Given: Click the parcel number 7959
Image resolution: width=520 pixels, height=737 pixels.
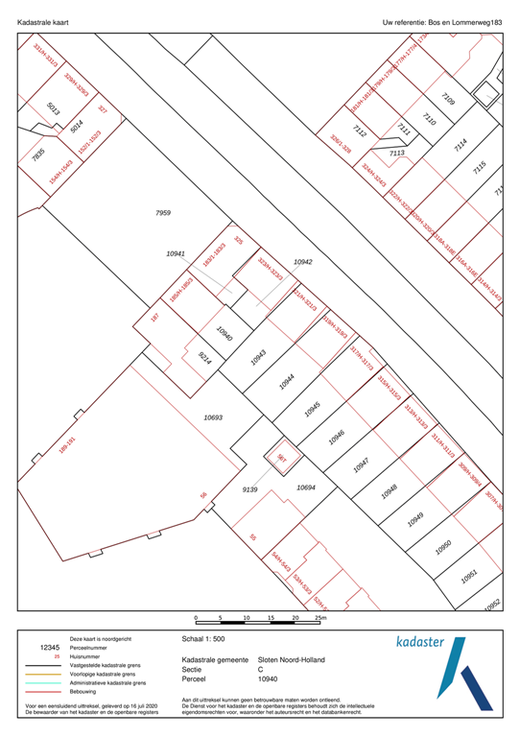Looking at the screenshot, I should click(163, 211).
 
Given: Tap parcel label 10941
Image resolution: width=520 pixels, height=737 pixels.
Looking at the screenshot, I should click(176, 253).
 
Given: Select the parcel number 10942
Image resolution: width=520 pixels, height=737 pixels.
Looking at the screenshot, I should click(303, 261).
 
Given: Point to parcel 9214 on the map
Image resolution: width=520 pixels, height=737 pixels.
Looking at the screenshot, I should click(205, 358).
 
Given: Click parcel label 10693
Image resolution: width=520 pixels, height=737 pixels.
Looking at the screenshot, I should click(213, 417).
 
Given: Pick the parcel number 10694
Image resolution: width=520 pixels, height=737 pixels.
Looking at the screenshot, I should click(306, 487).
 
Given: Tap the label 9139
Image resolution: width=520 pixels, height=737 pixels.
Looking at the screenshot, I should click(250, 489).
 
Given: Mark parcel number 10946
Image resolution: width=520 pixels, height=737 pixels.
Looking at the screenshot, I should click(337, 436).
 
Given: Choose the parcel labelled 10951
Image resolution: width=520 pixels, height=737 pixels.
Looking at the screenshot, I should click(469, 575).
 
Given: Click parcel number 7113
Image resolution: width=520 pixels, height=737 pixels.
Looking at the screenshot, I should click(397, 153).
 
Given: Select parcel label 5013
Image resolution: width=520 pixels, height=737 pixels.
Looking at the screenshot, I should click(54, 109).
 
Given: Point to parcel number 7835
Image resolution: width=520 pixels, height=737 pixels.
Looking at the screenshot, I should click(38, 154).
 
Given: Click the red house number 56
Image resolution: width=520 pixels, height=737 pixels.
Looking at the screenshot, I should click(203, 495).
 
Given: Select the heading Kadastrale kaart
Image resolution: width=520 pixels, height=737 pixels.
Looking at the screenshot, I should click(43, 20).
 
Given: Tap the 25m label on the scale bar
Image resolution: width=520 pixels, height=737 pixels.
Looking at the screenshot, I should click(320, 618).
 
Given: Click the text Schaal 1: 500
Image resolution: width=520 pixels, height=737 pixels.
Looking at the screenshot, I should click(205, 637).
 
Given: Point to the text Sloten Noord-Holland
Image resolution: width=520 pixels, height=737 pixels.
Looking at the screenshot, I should click(292, 660).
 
